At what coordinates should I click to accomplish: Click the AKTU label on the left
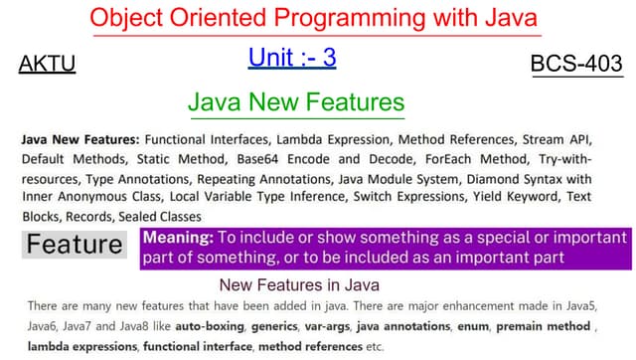pos(47,66)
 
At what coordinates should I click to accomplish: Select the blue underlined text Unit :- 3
pos(292,58)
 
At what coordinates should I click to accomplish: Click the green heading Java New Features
pos(296,102)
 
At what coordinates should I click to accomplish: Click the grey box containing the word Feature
pos(75,244)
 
